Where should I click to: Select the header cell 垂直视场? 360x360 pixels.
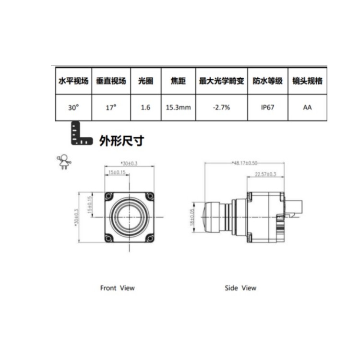(x=111, y=81)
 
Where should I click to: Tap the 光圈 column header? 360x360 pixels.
(x=145, y=81)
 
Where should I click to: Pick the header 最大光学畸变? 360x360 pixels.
(x=221, y=81)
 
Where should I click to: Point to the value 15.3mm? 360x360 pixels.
(x=178, y=107)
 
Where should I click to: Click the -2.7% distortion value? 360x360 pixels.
(x=221, y=107)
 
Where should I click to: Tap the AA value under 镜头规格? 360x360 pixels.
(x=307, y=107)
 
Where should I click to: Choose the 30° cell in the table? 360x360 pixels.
(x=73, y=107)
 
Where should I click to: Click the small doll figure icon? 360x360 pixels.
(x=63, y=162)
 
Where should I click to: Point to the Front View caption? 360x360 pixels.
(x=117, y=288)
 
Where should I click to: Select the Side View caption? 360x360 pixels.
(x=240, y=288)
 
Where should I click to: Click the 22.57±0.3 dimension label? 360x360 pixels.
(x=265, y=175)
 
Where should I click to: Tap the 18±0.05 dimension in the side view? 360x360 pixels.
(x=192, y=217)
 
